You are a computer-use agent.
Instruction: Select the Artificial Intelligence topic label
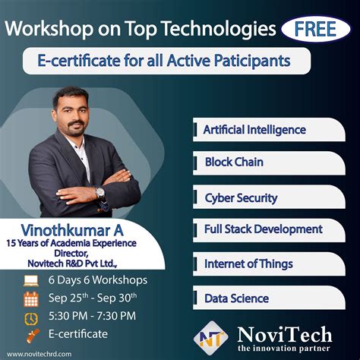pos(254,130)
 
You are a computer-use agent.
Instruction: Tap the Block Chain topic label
pos(234,163)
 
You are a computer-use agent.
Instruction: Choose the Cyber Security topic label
pos(240,197)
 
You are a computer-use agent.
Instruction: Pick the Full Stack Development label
pos(264,229)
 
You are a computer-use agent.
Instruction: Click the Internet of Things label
pos(248,264)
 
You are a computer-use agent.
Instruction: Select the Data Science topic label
pos(237,298)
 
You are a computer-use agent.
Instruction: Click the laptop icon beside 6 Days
pos(32,281)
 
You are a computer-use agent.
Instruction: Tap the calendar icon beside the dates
pos(32,299)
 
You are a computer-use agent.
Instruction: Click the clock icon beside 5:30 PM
pos(32,317)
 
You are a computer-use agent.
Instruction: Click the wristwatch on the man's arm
pos(100,193)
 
